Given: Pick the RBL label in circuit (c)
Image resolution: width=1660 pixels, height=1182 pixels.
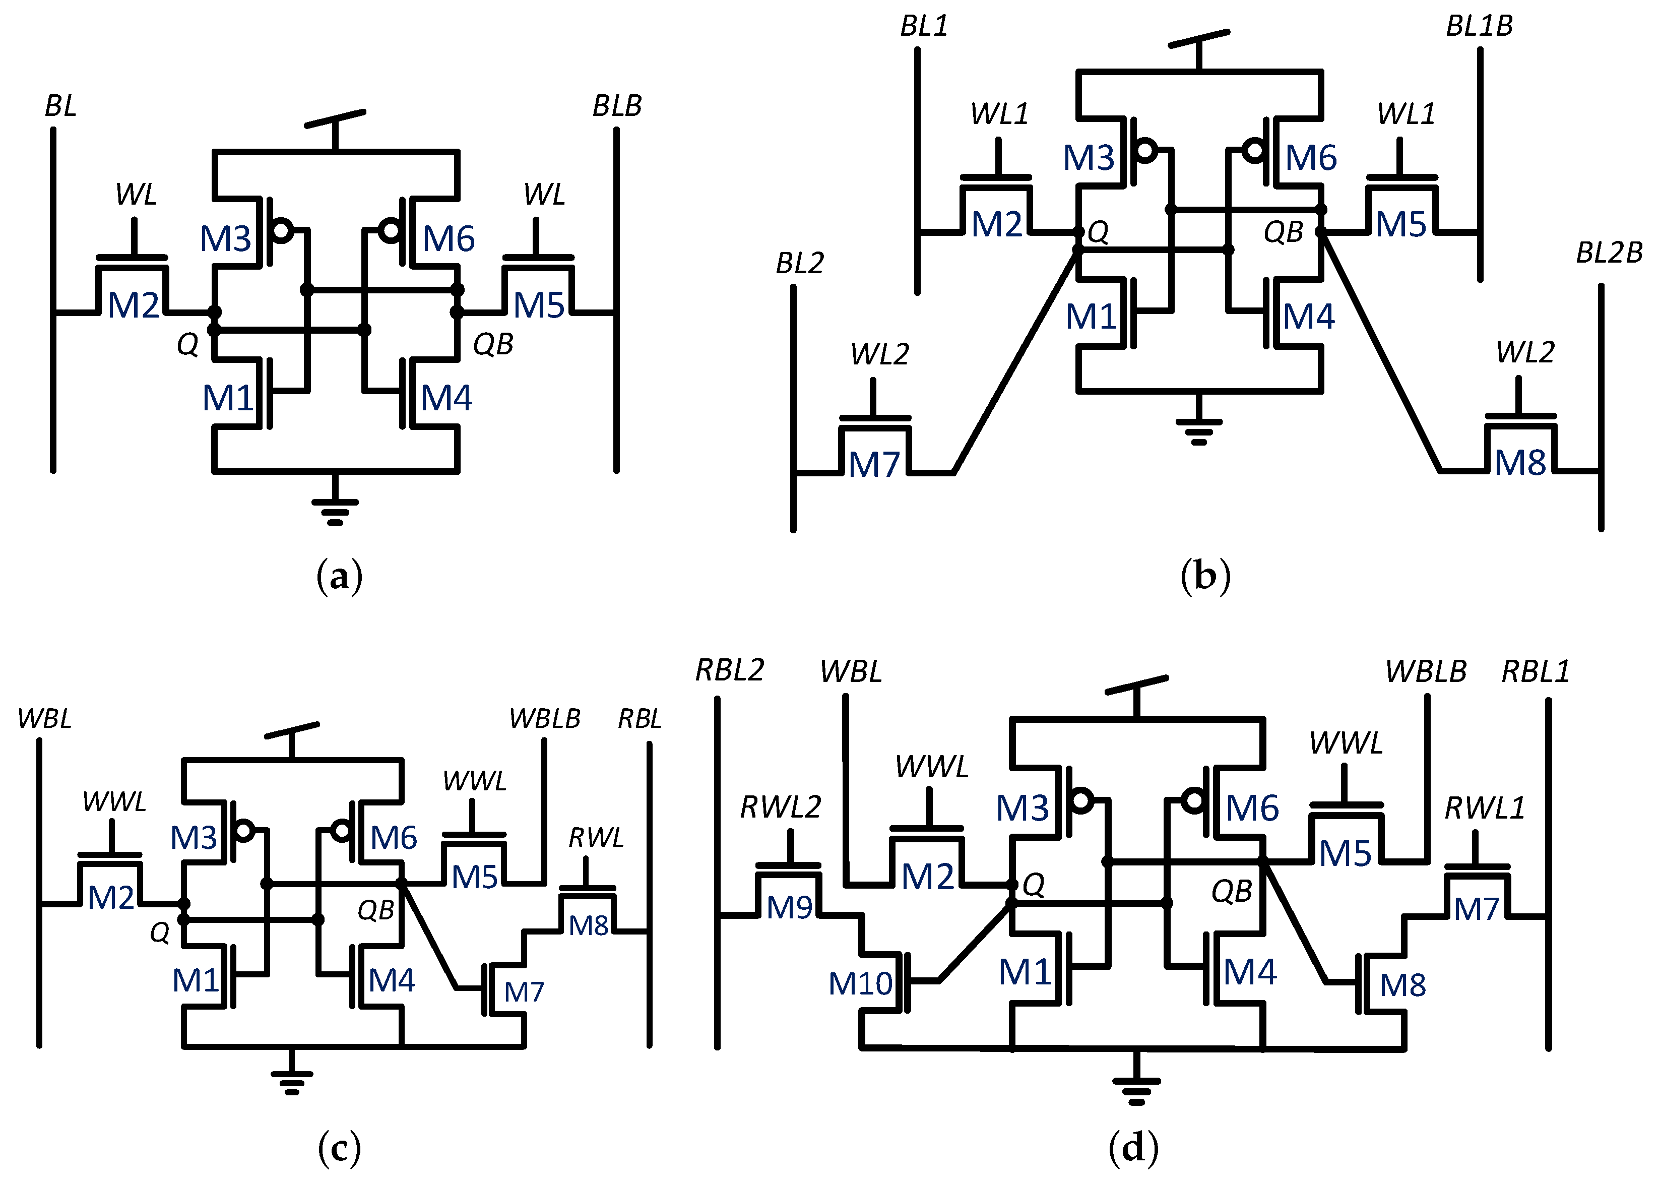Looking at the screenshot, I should pyautogui.click(x=639, y=719).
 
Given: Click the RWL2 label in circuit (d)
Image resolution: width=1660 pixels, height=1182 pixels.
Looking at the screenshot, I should pyautogui.click(x=780, y=807).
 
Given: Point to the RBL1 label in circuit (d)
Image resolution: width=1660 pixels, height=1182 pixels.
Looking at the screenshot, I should pyautogui.click(x=1536, y=671).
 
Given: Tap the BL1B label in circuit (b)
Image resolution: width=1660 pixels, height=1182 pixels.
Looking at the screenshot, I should pyautogui.click(x=1479, y=26).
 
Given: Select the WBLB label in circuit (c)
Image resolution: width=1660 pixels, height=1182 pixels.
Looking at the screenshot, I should pyautogui.click(x=544, y=719).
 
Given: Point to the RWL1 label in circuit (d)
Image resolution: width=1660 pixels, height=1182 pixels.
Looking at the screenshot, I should pyautogui.click(x=1484, y=808).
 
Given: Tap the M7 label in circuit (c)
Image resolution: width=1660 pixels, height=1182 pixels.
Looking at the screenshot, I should pyautogui.click(x=523, y=992).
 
